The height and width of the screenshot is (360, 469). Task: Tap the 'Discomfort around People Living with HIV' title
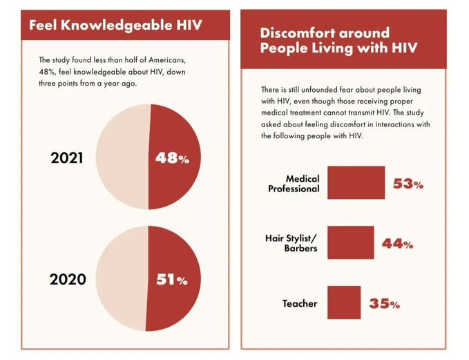[325, 39]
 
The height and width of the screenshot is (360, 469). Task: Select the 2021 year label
[68, 158]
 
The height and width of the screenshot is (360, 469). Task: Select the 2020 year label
[68, 280]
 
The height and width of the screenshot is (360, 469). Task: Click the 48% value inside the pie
[171, 158]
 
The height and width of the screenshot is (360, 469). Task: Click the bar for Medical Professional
[356, 182]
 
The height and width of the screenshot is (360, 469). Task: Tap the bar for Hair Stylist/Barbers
[350, 243]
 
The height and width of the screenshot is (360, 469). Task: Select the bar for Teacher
[344, 303]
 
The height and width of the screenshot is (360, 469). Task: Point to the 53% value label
[408, 184]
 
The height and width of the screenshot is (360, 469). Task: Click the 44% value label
[398, 243]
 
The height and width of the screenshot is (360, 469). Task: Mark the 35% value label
[384, 303]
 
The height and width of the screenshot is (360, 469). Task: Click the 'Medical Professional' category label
[294, 184]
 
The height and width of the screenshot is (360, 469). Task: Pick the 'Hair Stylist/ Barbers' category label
[291, 243]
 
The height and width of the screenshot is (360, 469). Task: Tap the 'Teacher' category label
[300, 303]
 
